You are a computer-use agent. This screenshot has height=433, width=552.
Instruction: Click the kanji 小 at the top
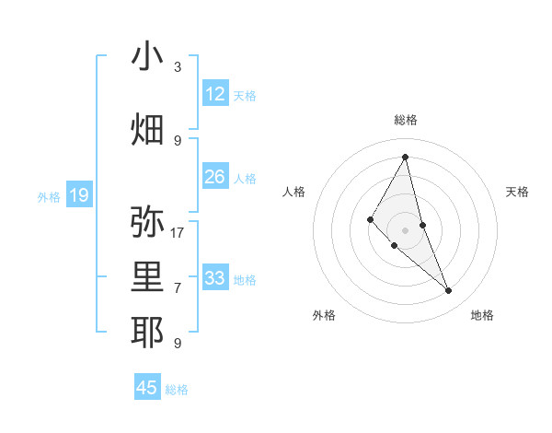click(x=147, y=58)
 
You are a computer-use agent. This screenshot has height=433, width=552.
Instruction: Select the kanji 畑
click(x=147, y=130)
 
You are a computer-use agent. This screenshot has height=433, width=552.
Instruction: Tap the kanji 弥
click(x=147, y=222)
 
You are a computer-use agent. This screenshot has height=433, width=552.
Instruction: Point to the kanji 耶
click(x=147, y=333)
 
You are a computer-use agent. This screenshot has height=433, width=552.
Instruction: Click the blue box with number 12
click(x=215, y=94)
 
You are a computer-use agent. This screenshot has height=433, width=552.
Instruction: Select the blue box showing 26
click(x=215, y=177)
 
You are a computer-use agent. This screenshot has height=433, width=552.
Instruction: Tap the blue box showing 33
click(x=215, y=278)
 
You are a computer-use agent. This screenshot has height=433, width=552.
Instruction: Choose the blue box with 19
click(x=79, y=195)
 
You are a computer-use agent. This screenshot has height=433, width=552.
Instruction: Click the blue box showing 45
click(x=147, y=388)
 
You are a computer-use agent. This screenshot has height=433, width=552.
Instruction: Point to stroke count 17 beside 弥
click(x=178, y=233)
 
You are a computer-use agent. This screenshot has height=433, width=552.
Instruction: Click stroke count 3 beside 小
click(x=178, y=67)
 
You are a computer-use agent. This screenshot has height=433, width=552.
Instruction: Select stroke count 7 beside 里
click(x=178, y=288)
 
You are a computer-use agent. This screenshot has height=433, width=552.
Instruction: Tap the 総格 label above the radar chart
click(x=406, y=120)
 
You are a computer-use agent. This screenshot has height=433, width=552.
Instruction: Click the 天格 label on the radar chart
click(x=517, y=192)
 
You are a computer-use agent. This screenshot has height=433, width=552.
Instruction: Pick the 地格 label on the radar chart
click(x=482, y=315)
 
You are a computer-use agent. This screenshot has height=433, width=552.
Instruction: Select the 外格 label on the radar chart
click(x=324, y=315)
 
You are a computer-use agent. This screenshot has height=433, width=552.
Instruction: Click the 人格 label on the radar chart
click(x=293, y=192)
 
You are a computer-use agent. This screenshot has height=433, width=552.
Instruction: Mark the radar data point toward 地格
click(x=449, y=291)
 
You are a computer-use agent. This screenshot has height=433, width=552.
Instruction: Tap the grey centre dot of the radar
click(x=406, y=229)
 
